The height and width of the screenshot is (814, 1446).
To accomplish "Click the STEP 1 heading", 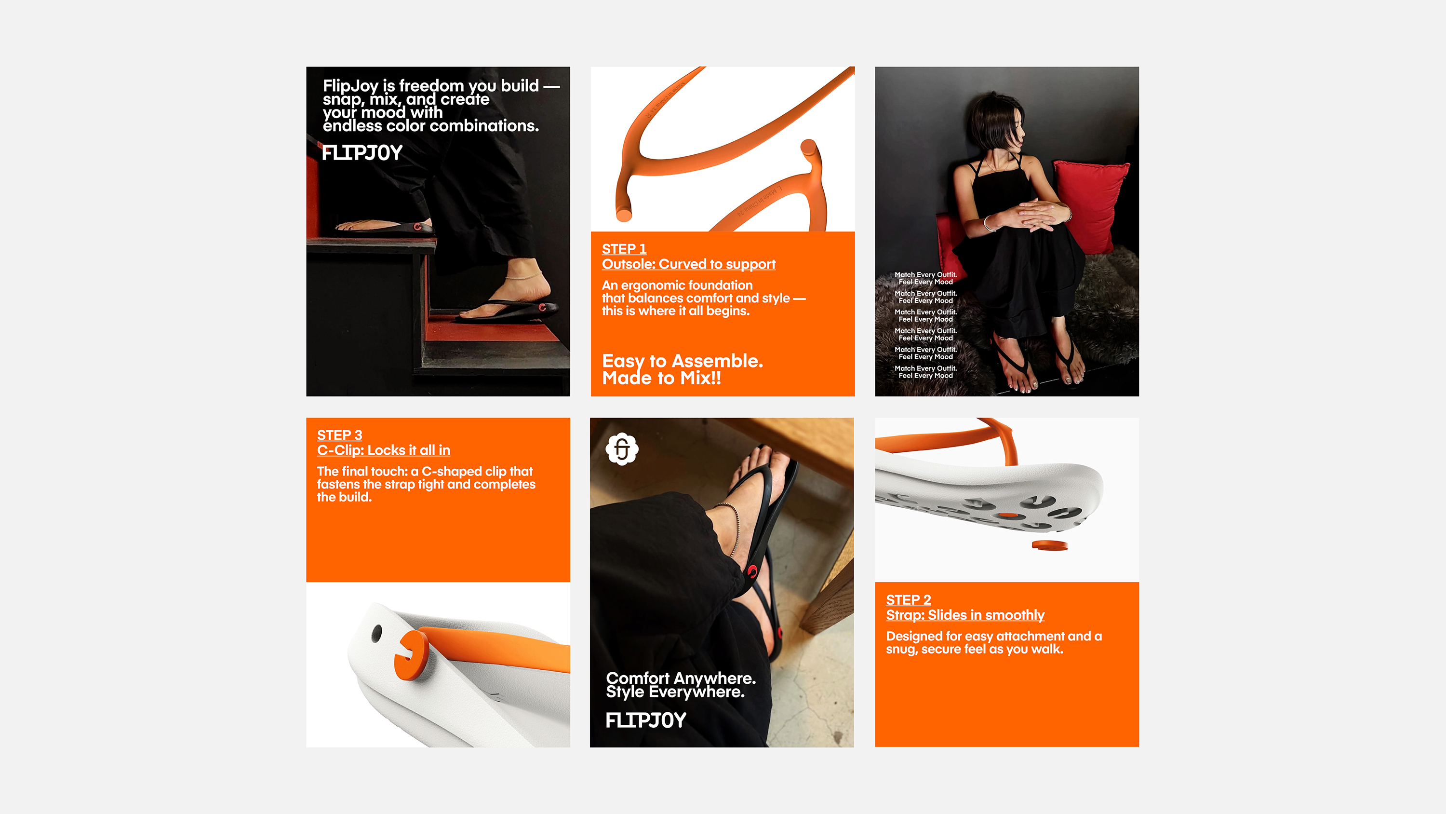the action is coord(624,249).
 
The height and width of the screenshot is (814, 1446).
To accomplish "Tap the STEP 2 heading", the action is coord(908,599).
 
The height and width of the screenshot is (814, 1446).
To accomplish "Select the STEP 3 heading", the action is coord(340,435).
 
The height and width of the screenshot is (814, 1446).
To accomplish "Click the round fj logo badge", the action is coord(622,449).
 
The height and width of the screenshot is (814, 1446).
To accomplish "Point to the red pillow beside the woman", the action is coord(1090,205).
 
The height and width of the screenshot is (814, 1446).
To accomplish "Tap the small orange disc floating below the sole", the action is coord(1049,545).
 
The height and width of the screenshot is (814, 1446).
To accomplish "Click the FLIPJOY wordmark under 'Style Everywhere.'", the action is coord(645,720).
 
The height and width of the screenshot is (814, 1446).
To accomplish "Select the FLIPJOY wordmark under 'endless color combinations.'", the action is coord(362,153).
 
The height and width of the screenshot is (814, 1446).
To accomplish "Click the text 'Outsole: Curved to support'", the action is coord(688,264).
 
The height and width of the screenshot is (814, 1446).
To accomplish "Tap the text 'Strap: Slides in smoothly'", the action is coord(965,615).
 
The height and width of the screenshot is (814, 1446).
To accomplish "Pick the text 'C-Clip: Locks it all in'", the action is coord(383,450).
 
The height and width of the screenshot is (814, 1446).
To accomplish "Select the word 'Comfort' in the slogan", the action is coord(638,678).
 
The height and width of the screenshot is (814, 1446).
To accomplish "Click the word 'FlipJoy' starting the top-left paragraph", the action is coord(350,86).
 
